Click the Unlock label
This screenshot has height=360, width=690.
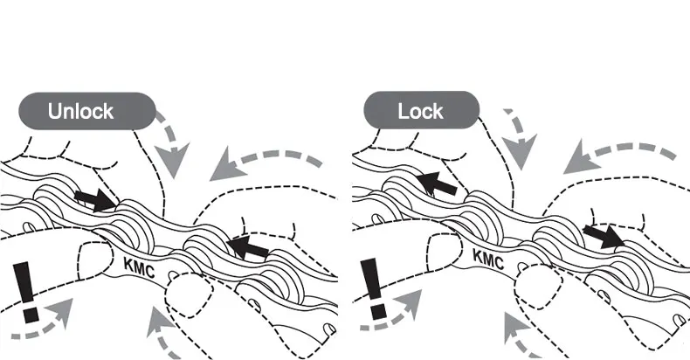pyautogui.click(x=80, y=111)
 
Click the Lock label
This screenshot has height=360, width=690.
pyautogui.click(x=420, y=111)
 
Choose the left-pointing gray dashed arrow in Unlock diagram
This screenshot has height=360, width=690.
pyautogui.click(x=262, y=163)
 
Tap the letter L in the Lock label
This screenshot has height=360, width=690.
pyautogui.click(x=404, y=111)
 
